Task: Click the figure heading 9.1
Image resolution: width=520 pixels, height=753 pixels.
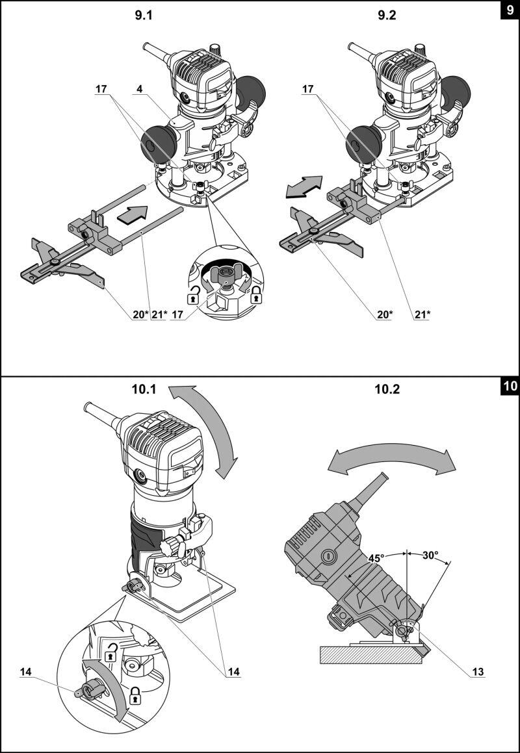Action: (143, 16)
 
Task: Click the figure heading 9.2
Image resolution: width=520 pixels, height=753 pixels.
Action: (387, 16)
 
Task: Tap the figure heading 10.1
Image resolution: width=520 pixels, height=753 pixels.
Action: (144, 389)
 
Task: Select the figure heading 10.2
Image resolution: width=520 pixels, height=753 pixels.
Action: (387, 389)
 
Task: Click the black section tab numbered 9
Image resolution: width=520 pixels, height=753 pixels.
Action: (510, 10)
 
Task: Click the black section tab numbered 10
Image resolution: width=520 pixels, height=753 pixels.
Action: (510, 387)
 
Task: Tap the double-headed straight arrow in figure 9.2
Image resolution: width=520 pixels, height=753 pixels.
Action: (304, 187)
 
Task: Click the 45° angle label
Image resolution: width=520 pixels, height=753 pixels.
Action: (376, 558)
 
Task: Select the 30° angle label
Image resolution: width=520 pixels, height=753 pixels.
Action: (430, 555)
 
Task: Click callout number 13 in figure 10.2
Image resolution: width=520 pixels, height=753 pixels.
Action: (478, 672)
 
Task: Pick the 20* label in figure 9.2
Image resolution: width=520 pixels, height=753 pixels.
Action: (385, 314)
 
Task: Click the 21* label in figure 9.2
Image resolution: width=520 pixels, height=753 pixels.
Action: (422, 314)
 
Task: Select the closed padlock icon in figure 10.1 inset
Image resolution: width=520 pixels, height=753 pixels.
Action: (136, 695)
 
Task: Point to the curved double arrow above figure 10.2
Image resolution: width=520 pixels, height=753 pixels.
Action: (391, 459)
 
